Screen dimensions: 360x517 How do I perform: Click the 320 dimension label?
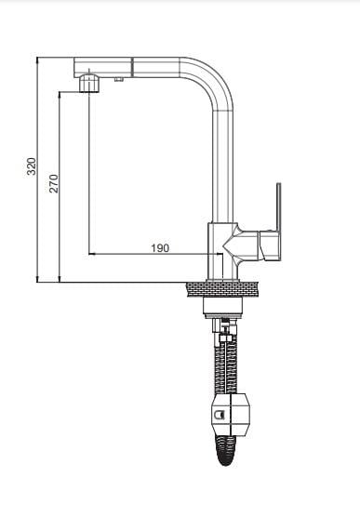(32, 166)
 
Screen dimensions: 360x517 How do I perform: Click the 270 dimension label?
(53, 183)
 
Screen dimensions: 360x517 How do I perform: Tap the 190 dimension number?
(160, 247)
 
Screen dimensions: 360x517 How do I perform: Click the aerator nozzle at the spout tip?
(89, 84)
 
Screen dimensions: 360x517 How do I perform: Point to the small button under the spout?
(119, 79)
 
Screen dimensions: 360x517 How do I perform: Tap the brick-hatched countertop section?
(222, 289)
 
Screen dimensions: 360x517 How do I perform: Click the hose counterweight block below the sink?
(230, 414)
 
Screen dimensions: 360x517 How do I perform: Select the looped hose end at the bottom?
(225, 450)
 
